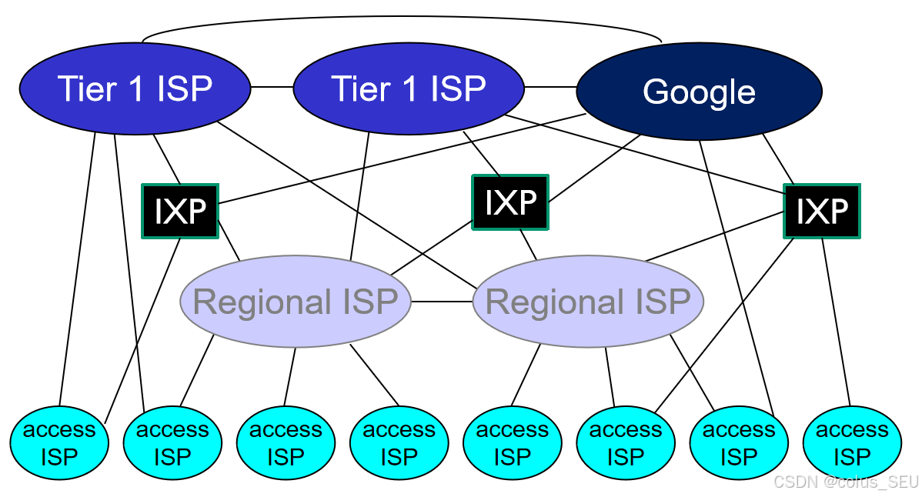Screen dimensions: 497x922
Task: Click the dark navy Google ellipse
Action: point(699,92)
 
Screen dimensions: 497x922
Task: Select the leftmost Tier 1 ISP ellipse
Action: point(135,88)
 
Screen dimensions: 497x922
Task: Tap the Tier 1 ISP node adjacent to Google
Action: point(409,88)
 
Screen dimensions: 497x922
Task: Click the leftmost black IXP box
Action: point(180,211)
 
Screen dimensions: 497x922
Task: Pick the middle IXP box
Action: point(510,202)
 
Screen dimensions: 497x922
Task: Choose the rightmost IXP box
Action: point(821,211)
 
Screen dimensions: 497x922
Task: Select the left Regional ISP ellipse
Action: point(295,302)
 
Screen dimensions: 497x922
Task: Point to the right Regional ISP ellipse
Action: point(588,302)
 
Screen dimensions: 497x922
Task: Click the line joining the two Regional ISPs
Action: point(442,302)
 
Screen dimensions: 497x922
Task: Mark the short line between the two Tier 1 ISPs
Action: point(272,87)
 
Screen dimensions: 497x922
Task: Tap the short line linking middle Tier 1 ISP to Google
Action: point(550,87)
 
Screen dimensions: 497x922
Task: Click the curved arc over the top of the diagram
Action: point(400,16)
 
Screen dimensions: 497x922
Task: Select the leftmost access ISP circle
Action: point(58,443)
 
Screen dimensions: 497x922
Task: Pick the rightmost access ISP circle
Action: point(851,443)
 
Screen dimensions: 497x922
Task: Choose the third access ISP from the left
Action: point(286,443)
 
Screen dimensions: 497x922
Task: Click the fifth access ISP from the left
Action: point(512,443)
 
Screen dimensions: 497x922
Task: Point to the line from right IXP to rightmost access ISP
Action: point(837,323)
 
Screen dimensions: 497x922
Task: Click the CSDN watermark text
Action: point(846,482)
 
